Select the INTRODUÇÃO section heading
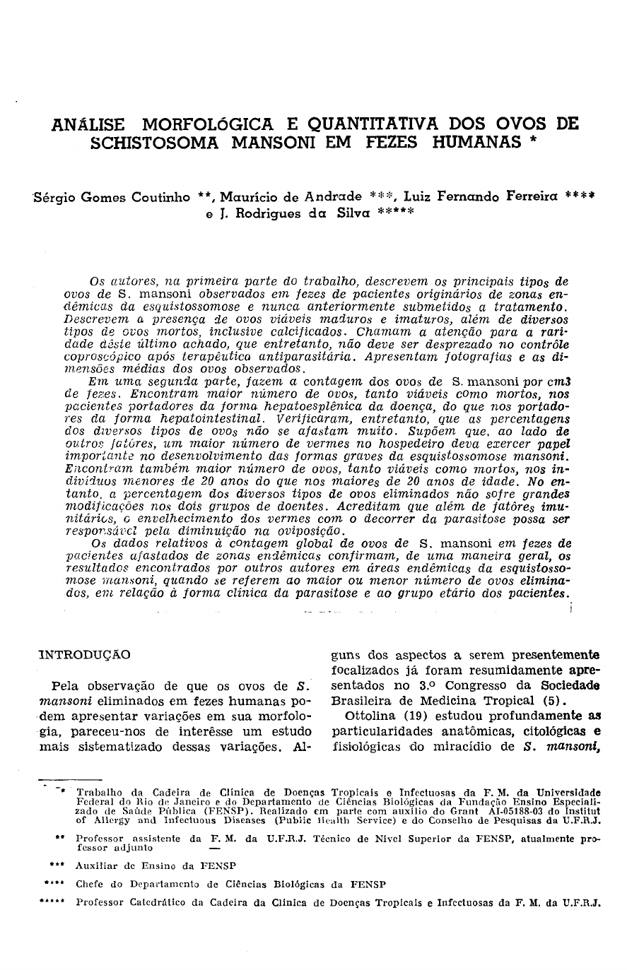click(x=84, y=655)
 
